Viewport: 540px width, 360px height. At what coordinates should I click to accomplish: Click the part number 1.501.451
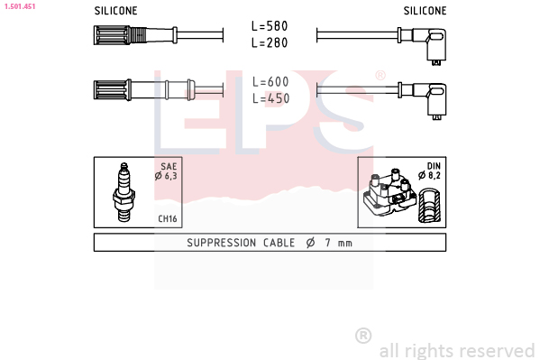(x=20, y=6)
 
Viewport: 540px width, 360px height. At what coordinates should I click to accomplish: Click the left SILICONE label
(x=115, y=11)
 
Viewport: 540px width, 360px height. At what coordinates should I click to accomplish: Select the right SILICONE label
(x=425, y=11)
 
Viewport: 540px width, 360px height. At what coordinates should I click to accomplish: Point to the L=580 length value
(x=270, y=26)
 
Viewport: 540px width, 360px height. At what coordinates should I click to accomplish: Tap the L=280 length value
(x=270, y=42)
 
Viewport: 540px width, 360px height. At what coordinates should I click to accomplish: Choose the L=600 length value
(x=270, y=82)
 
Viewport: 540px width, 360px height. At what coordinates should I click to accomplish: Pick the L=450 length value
(x=270, y=98)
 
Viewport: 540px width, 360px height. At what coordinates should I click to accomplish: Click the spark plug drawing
(x=124, y=192)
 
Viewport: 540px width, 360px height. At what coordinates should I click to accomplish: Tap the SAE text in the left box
(x=169, y=167)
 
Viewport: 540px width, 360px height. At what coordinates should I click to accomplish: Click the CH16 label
(x=168, y=218)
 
